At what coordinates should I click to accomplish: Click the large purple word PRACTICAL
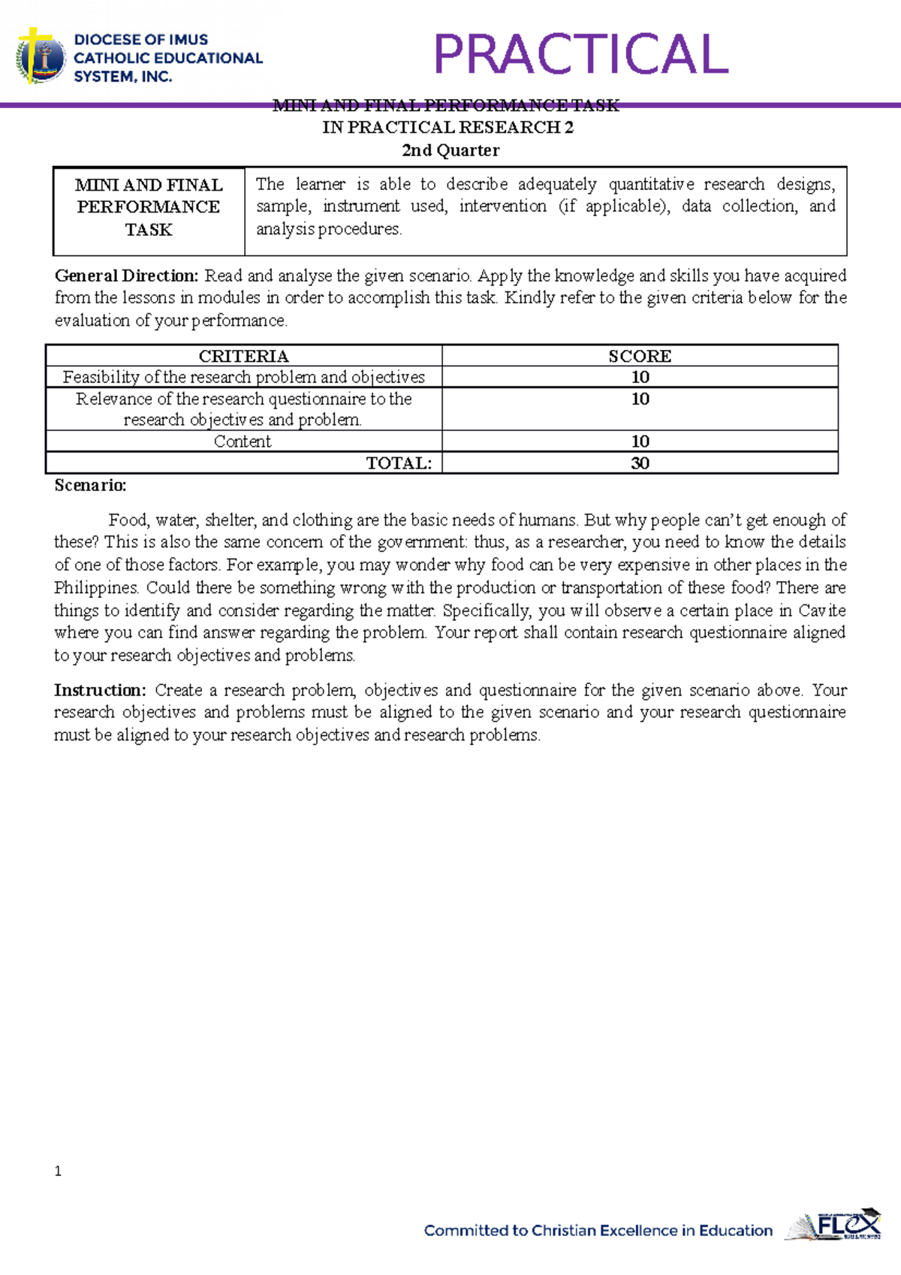(580, 54)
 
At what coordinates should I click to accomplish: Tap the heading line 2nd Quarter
(450, 150)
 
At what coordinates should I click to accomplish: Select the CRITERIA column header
(243, 356)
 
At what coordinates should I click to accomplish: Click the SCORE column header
(640, 356)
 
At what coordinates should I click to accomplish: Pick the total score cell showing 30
(640, 463)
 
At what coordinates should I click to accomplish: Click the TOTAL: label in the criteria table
(399, 463)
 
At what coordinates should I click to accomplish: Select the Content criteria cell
(243, 442)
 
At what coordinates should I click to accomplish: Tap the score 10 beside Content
(640, 442)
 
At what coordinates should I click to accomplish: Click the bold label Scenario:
(90, 485)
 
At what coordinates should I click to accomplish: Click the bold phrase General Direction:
(126, 276)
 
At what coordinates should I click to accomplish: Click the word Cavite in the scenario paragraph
(821, 610)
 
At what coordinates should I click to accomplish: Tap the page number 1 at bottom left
(58, 1171)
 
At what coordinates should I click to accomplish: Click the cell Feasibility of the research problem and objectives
(243, 377)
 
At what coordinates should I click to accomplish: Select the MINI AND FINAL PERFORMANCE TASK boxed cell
(149, 207)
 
